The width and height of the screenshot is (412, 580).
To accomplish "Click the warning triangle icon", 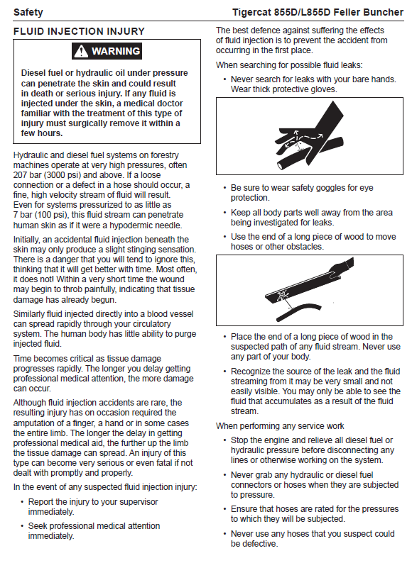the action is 81,51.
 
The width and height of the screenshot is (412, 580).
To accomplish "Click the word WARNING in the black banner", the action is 116,51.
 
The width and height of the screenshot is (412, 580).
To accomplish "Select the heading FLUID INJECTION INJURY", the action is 79,31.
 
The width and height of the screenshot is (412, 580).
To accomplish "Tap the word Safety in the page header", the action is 28,12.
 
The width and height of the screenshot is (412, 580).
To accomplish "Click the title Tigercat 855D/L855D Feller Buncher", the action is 318,12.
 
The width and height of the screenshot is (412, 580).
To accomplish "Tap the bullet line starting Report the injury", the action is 93,507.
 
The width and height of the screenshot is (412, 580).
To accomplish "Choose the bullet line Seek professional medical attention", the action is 94,531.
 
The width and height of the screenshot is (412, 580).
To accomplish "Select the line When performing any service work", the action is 280,426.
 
